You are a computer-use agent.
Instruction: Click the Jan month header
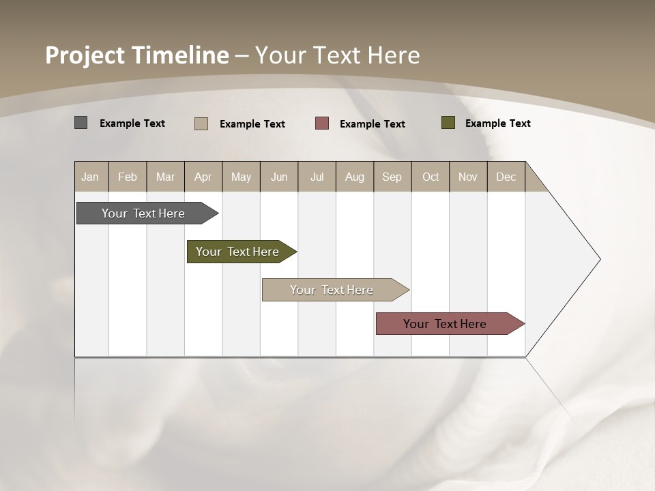pyautogui.click(x=91, y=177)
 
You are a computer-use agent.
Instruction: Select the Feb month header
pyautogui.click(x=128, y=177)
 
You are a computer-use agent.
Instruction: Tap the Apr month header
pyautogui.click(x=203, y=177)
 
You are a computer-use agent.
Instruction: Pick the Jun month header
pyautogui.click(x=279, y=177)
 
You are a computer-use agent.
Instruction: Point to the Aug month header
pyautogui.click(x=355, y=177)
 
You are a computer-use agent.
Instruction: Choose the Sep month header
pyautogui.click(x=392, y=177)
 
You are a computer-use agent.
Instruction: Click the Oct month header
pyautogui.click(x=431, y=177)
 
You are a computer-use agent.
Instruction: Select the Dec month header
pyautogui.click(x=506, y=177)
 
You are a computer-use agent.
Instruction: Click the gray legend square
pyautogui.click(x=81, y=123)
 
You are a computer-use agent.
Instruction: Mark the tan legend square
pyautogui.click(x=201, y=123)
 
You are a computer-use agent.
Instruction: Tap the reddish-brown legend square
pyautogui.click(x=322, y=123)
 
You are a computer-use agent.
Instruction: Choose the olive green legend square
pyautogui.click(x=448, y=123)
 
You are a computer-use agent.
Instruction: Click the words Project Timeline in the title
pyautogui.click(x=136, y=55)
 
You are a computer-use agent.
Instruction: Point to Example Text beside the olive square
pyautogui.click(x=498, y=123)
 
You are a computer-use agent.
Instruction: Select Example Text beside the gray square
pyautogui.click(x=132, y=123)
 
